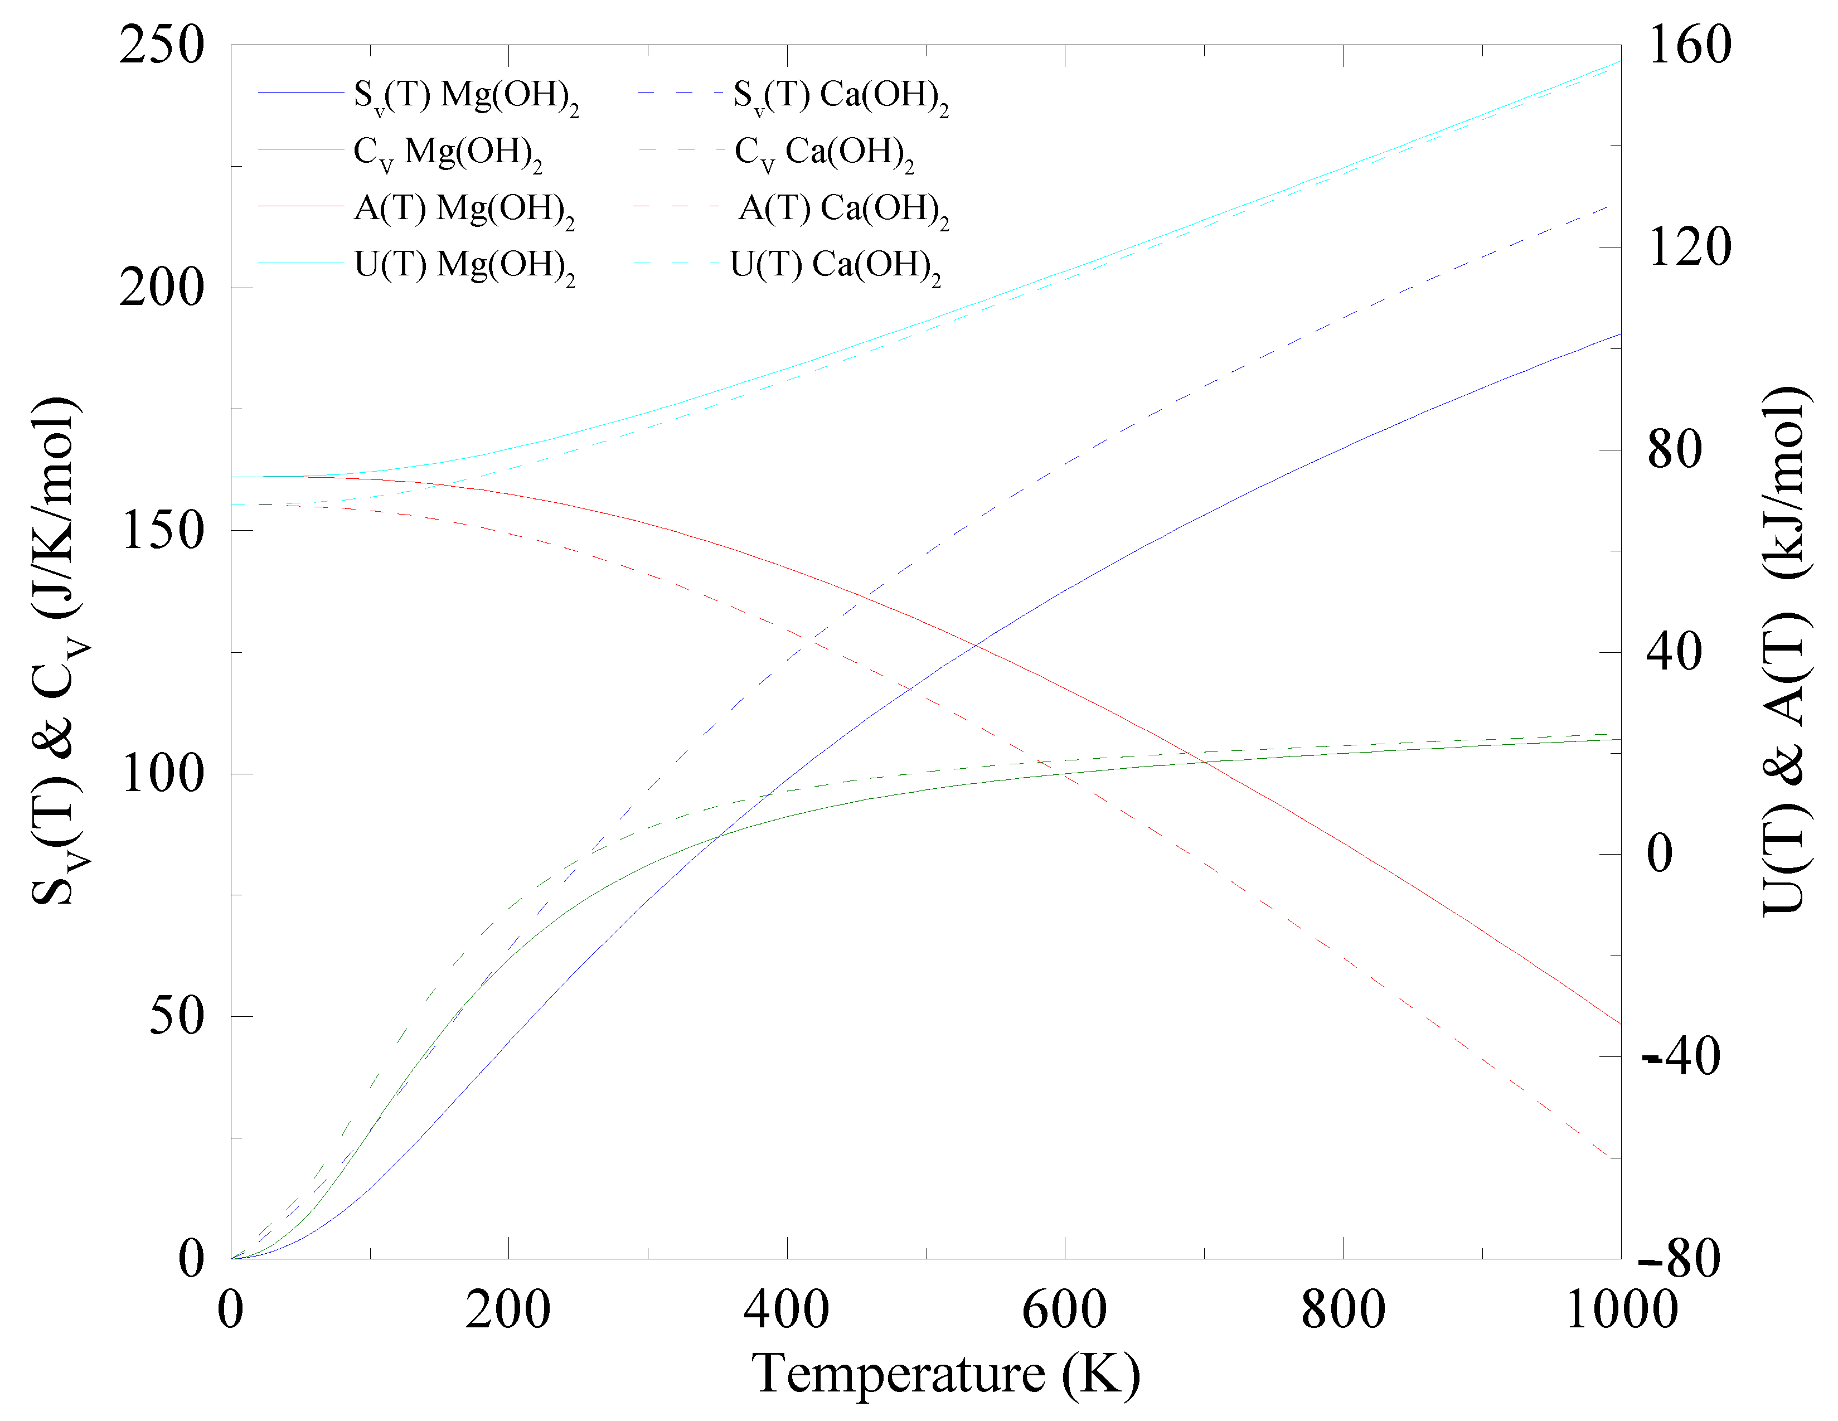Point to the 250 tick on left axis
click(162, 45)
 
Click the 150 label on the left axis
click(162, 531)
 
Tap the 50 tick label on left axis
click(177, 1016)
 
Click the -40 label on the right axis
click(1681, 1057)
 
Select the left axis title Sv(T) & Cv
click(59, 651)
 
